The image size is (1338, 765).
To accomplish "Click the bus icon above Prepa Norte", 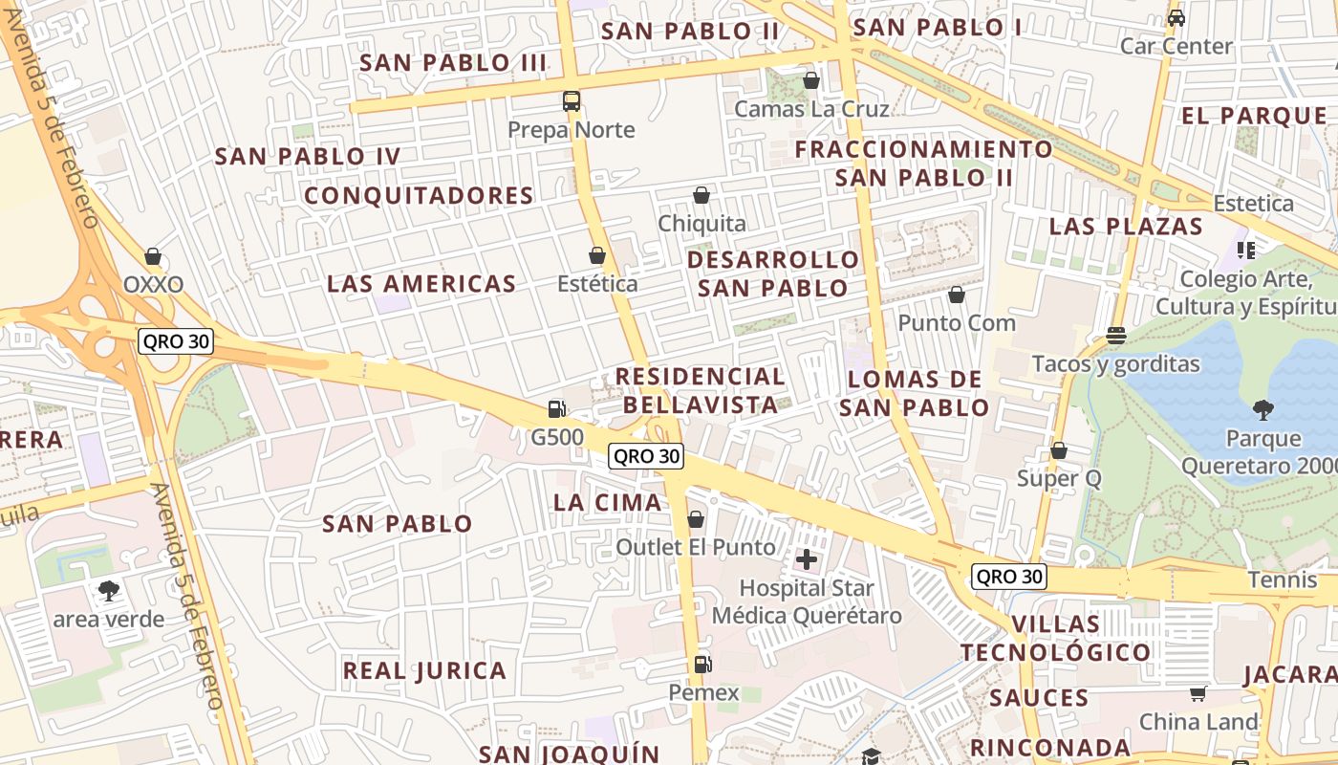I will pos(572,101).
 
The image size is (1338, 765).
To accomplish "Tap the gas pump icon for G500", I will pos(556,409).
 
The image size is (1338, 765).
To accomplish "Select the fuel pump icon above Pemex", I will pos(702,664).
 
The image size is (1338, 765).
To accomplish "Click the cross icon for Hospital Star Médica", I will pos(807,559).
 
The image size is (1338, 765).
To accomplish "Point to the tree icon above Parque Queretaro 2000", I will pos(1263,411).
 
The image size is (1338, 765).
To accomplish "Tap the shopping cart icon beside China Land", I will pos(1198,693).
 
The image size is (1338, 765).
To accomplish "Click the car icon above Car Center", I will pos(1176,18).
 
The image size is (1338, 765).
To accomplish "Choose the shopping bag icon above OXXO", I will pos(153,256).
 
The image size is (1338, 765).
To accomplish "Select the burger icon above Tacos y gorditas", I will pos(1115,336).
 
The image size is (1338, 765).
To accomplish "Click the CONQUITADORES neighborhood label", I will pos(419,196).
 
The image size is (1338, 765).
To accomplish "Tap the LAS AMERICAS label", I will pos(421,284).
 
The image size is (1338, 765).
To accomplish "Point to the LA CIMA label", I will pos(608,503).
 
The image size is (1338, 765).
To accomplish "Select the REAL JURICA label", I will pos(424,671).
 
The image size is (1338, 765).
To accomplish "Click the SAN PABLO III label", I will pos(453,63).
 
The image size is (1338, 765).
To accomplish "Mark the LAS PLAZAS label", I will pos(1126,227).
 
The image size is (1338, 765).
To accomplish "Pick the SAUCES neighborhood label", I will pos(1039,698).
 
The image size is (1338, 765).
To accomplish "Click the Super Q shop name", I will pos(1059,478).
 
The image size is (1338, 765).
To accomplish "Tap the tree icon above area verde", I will pos(109,591).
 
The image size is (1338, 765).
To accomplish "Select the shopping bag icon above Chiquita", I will pos(701,195).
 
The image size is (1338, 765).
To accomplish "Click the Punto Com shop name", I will pos(956,322).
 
